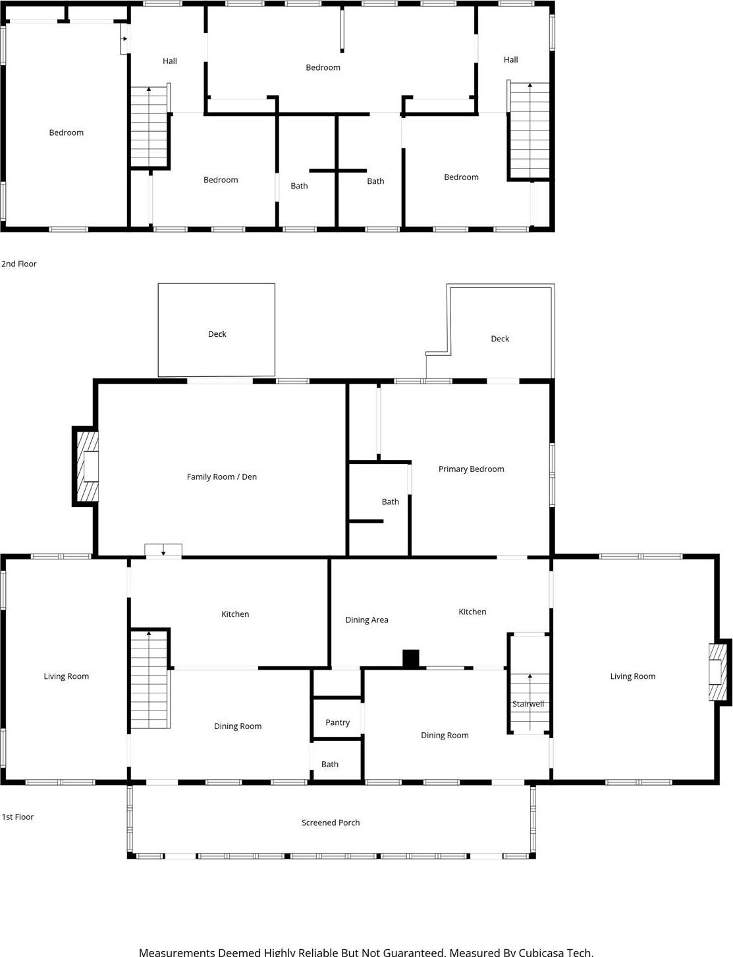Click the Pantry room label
(x=337, y=722)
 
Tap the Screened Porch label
(x=331, y=823)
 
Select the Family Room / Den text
(x=221, y=477)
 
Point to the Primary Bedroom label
(x=471, y=469)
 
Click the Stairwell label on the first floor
(x=528, y=704)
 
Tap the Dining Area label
(x=366, y=620)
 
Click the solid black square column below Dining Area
(x=410, y=658)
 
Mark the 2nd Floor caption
(x=19, y=264)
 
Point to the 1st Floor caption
(x=18, y=817)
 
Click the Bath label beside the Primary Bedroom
(x=390, y=502)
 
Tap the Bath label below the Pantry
(x=329, y=765)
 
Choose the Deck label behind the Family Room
(x=217, y=334)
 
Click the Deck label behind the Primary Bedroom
(x=499, y=339)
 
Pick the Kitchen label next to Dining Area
(x=472, y=612)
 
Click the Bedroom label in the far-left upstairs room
(x=66, y=132)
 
